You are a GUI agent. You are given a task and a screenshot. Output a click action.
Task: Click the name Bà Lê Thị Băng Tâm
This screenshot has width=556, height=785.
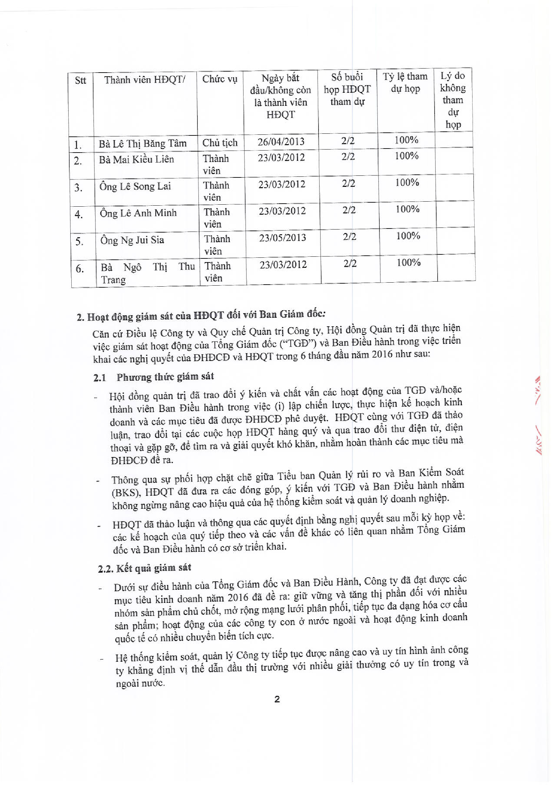[142, 143]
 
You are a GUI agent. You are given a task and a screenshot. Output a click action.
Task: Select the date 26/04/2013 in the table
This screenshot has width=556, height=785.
[281, 141]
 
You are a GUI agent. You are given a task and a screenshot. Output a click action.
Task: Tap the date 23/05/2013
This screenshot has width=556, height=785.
[283, 238]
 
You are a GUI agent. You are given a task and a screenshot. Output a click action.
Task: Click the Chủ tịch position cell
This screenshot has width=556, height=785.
[220, 142]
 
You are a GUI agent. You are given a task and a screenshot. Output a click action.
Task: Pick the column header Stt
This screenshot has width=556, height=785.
[80, 81]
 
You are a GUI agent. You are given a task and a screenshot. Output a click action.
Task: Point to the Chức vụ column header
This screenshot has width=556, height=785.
[220, 79]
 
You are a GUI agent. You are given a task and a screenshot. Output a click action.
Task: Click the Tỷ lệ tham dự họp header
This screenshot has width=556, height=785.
[405, 82]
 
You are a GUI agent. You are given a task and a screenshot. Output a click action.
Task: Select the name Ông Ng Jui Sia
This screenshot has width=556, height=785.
[132, 240]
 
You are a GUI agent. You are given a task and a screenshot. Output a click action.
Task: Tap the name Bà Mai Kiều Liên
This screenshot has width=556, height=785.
[137, 159]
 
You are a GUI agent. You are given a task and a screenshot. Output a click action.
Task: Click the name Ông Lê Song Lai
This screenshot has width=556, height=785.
[135, 187]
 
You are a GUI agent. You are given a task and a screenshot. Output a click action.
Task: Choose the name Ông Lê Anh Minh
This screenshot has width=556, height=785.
[138, 213]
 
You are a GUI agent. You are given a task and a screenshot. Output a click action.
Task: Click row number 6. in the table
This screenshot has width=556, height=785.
[80, 269]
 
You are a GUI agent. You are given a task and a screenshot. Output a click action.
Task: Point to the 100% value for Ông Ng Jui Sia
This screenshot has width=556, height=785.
[408, 236]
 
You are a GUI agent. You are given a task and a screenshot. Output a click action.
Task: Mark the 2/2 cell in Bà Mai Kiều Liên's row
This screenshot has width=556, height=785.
[348, 157]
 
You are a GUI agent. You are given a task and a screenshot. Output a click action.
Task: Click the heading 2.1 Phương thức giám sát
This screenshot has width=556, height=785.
[153, 377]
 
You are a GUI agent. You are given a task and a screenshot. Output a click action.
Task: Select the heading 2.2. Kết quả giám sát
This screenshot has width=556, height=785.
[144, 568]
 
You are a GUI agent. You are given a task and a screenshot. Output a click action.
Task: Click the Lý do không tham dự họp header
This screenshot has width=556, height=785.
[453, 100]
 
